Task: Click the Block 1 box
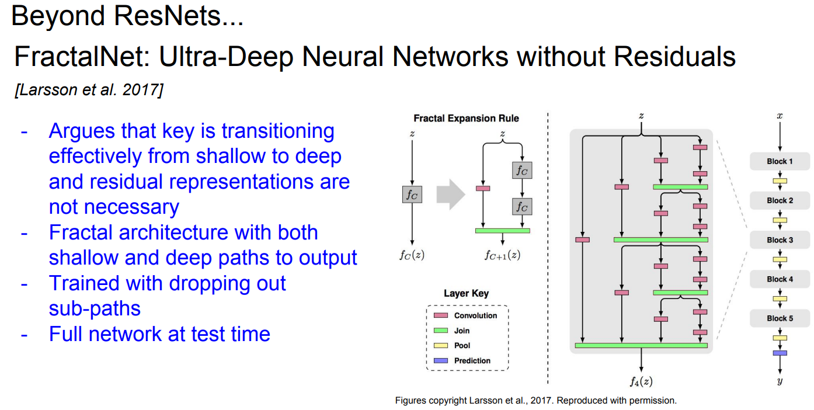click(780, 161)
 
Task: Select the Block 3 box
click(780, 240)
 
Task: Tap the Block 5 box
click(780, 318)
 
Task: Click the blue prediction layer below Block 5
click(780, 353)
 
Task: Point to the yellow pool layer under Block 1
click(780, 181)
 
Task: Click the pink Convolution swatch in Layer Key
click(441, 315)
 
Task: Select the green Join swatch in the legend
click(441, 331)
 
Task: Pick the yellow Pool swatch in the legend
click(441, 345)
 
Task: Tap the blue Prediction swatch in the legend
click(441, 360)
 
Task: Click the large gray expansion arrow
click(451, 194)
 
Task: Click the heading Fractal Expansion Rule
click(466, 118)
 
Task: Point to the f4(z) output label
click(641, 381)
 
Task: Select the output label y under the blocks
click(780, 381)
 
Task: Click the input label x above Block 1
click(780, 116)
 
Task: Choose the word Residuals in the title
click(675, 57)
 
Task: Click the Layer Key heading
click(466, 293)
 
